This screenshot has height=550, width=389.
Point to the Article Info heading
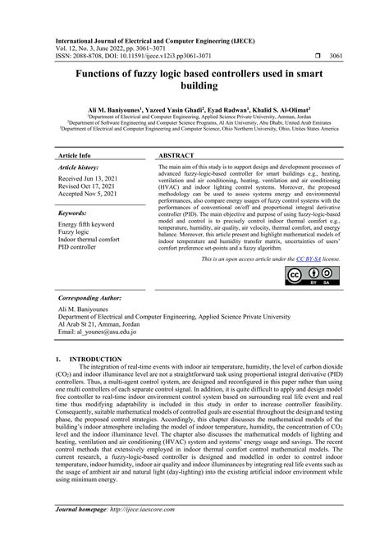(74, 154)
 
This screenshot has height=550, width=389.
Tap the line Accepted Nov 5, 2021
(91, 196)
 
